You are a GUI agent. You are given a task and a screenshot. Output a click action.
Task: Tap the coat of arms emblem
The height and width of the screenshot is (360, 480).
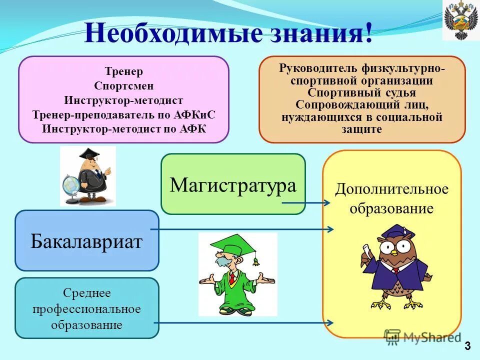460,20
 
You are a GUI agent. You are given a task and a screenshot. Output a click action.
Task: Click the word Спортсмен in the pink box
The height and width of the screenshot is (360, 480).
123,85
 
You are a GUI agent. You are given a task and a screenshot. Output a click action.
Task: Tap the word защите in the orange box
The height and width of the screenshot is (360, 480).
362,129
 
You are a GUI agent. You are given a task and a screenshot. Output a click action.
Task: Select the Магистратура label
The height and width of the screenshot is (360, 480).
232,185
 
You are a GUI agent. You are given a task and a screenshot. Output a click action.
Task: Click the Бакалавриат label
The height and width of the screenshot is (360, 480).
86,241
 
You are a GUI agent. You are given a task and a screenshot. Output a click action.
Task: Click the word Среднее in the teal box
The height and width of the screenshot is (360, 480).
86,292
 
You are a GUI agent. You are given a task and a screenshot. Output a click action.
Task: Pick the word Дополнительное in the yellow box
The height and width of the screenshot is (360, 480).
391,189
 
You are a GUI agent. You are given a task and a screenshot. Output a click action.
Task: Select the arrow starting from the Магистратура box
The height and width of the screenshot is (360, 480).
306,203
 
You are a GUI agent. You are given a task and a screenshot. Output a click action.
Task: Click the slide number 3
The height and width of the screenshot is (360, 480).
467,345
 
